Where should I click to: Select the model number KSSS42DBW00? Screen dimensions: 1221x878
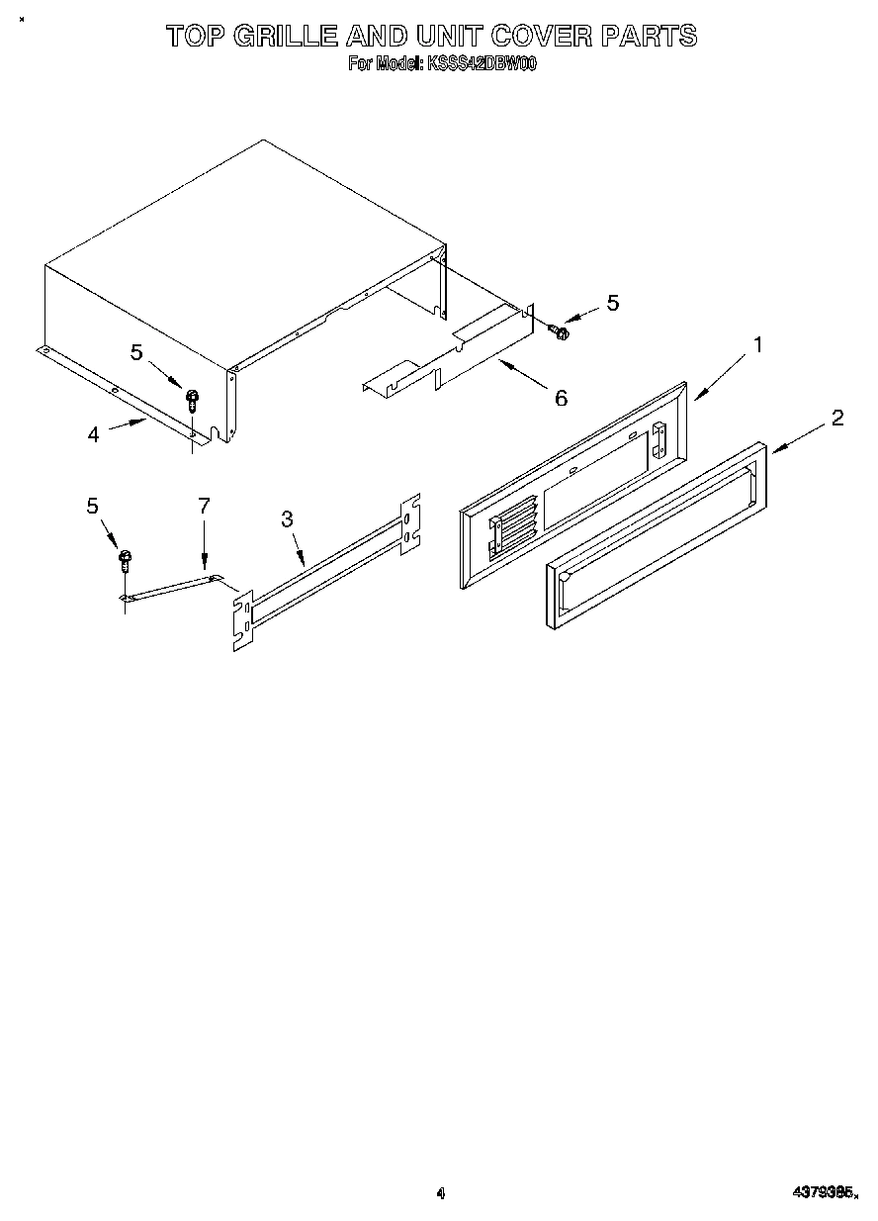tap(481, 64)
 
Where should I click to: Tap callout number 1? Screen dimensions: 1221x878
tap(757, 345)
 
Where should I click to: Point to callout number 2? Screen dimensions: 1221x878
tap(836, 418)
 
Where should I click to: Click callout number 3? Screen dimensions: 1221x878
tap(287, 518)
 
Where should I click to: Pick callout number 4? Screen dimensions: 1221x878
tap(93, 433)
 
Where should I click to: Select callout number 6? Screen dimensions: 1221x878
tap(561, 398)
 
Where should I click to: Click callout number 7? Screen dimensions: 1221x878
tap(204, 506)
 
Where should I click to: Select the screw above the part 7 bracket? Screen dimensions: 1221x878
tap(126, 561)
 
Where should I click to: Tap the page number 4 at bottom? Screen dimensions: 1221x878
tap(441, 1193)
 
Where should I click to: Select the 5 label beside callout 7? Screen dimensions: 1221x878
tap(93, 506)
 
